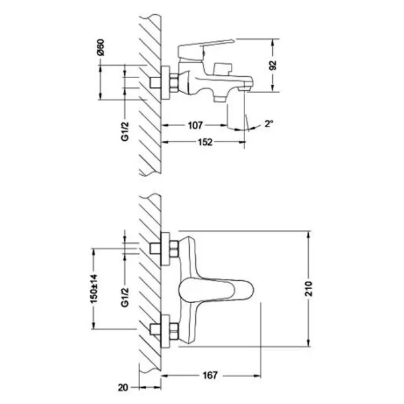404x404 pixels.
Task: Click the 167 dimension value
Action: tap(213, 375)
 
